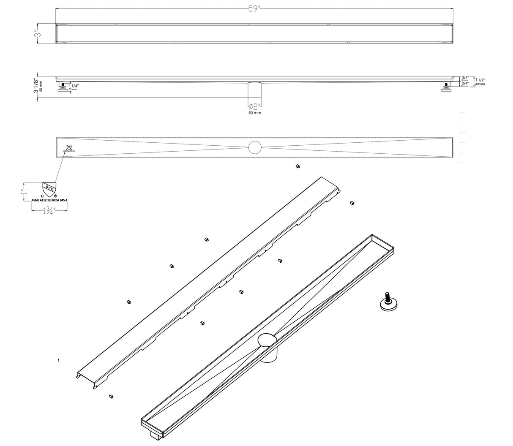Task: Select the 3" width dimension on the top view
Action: point(38,33)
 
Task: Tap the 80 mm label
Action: point(41,86)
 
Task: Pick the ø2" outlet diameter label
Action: point(255,106)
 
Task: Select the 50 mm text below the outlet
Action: point(255,113)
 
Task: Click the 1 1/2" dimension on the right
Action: point(480,79)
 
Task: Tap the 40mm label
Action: point(480,84)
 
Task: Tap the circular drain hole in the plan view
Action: point(255,147)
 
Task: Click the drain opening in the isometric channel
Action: point(267,340)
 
